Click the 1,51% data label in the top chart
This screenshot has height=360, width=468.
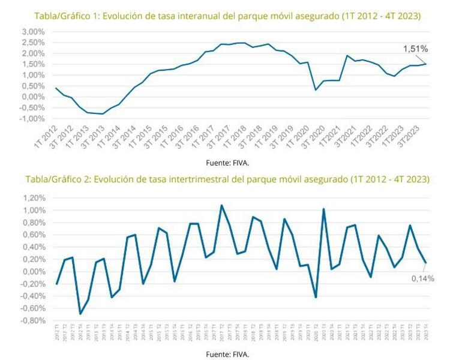415,49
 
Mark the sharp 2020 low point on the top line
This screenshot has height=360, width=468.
316,90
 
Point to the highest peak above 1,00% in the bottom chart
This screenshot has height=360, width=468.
221,205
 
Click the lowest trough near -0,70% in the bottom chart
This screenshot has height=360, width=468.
80,314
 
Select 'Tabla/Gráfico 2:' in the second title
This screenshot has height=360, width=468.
57,179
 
